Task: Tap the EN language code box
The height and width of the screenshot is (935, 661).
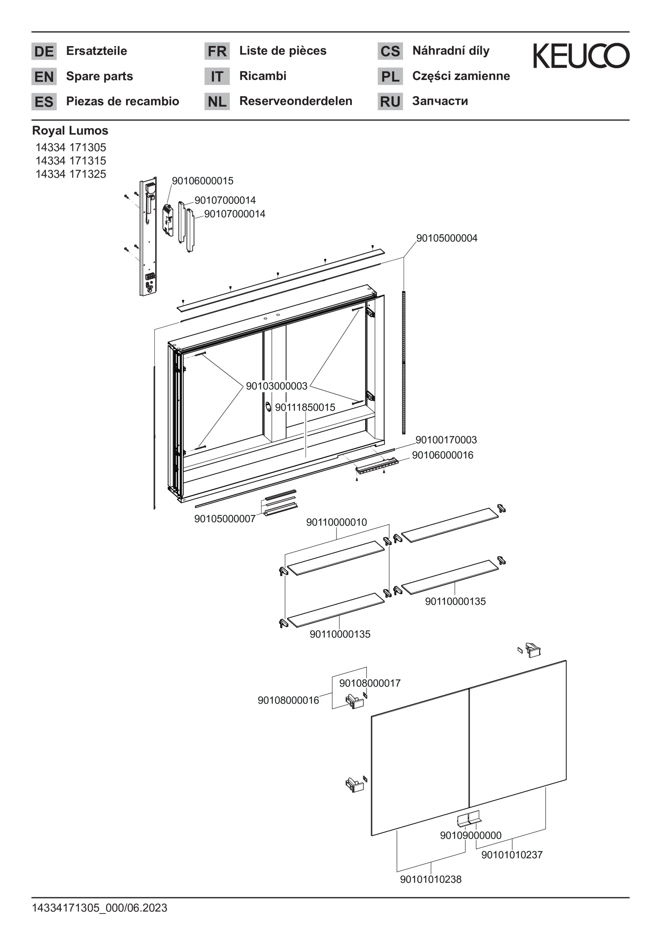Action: tap(44, 76)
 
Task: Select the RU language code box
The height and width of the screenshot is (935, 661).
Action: tap(390, 101)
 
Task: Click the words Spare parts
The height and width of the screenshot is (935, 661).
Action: tap(100, 76)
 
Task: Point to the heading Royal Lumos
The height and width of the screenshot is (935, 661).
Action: tap(70, 130)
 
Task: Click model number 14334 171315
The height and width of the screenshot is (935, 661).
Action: tap(71, 161)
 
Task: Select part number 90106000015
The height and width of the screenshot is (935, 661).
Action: tap(203, 181)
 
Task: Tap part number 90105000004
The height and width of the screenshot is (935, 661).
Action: tap(447, 238)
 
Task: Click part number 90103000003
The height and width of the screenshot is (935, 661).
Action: tap(277, 386)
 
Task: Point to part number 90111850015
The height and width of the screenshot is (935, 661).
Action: tap(305, 407)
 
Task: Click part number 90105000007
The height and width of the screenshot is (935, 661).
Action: tap(225, 519)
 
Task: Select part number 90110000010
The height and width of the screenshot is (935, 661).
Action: tap(336, 522)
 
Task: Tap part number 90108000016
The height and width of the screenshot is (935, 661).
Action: tap(288, 700)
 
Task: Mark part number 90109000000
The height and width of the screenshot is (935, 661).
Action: tap(470, 835)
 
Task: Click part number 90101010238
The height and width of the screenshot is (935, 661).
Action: tap(431, 879)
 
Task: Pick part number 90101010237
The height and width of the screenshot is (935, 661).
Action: tap(512, 855)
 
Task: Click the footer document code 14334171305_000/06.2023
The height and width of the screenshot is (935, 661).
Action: tap(100, 908)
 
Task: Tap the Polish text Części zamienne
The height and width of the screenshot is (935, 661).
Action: tap(461, 76)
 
